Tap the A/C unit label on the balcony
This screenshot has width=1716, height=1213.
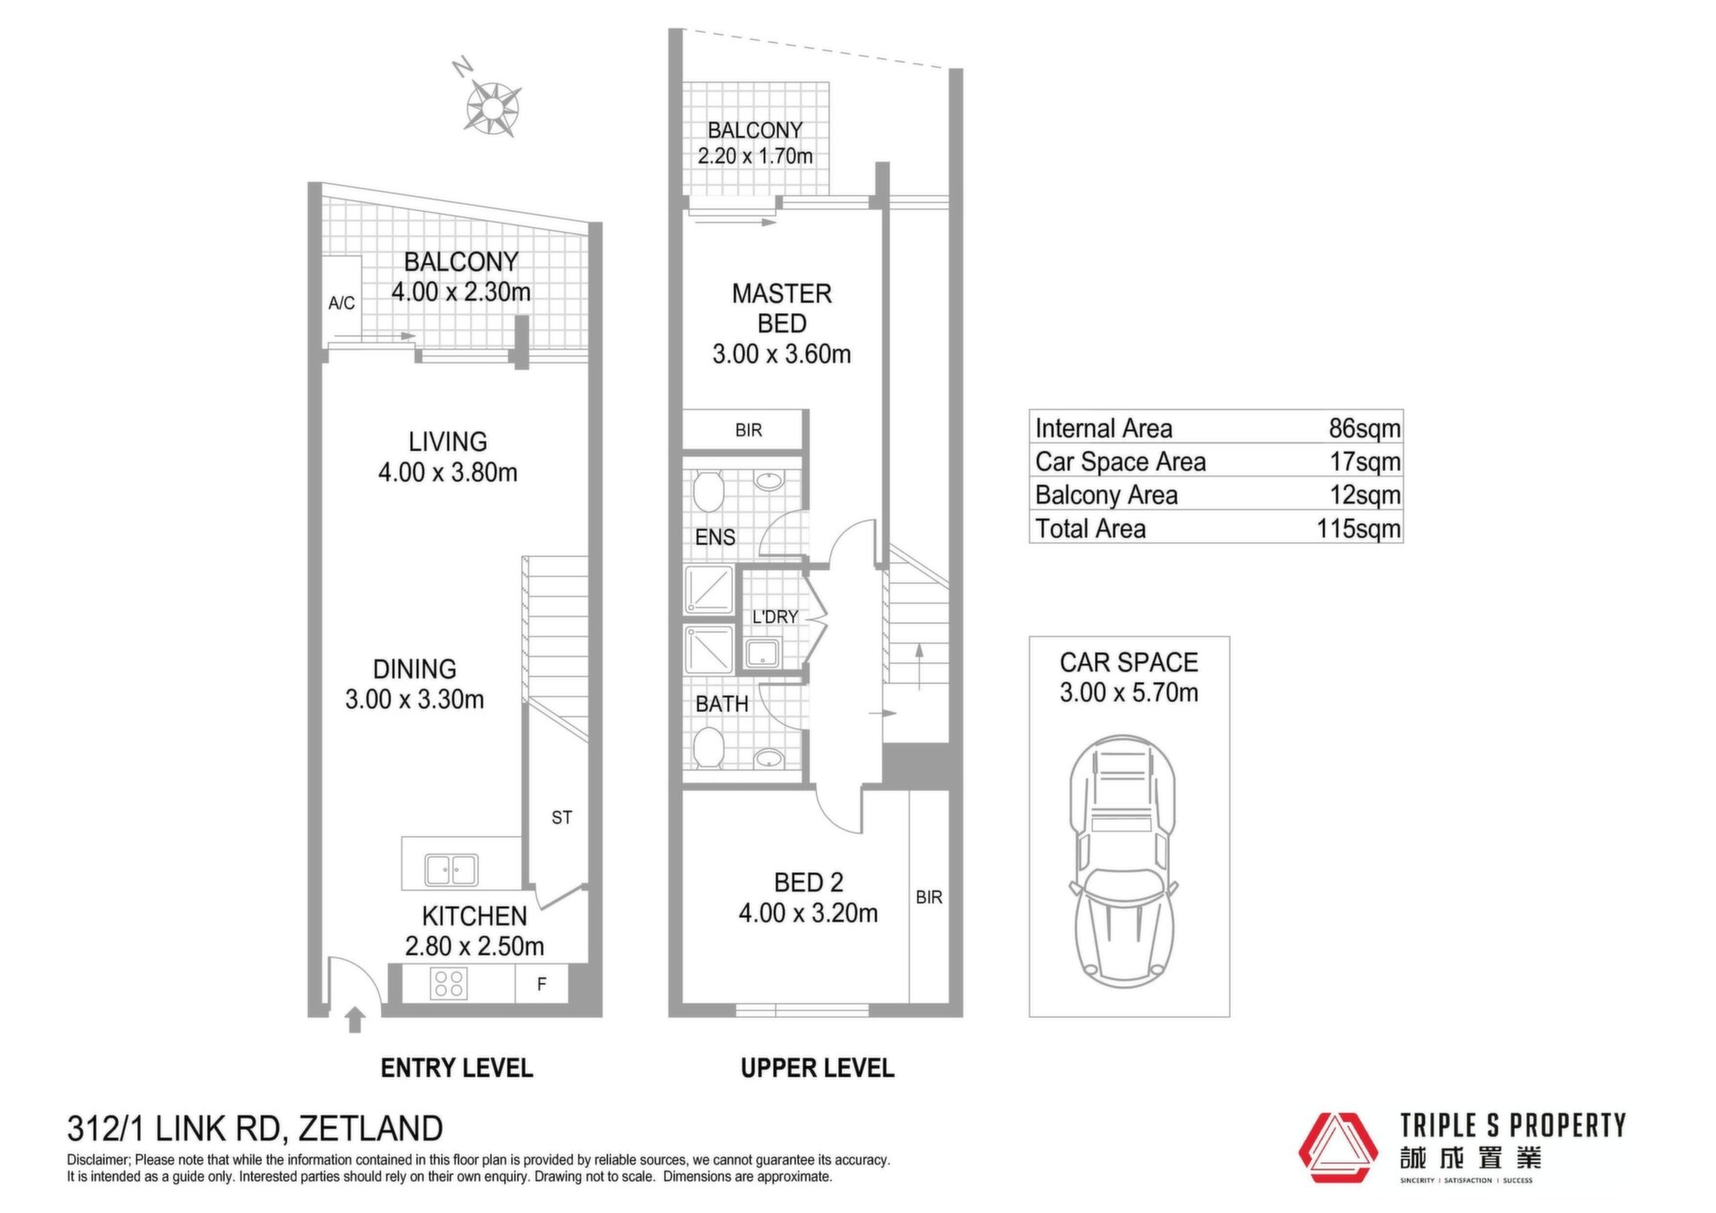pyautogui.click(x=341, y=303)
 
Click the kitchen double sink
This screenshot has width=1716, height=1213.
pyautogui.click(x=451, y=869)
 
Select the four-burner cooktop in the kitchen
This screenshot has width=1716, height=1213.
pyautogui.click(x=448, y=983)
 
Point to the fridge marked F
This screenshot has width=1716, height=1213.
pyautogui.click(x=542, y=984)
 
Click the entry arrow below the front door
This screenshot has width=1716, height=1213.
pyautogui.click(x=355, y=1020)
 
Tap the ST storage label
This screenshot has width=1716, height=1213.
pyautogui.click(x=561, y=817)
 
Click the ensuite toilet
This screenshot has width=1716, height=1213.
pyautogui.click(x=709, y=493)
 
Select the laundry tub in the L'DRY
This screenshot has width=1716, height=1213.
pyautogui.click(x=762, y=653)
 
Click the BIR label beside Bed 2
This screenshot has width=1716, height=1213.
pyautogui.click(x=929, y=897)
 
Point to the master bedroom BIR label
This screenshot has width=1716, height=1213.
pyautogui.click(x=748, y=430)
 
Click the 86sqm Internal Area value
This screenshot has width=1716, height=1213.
pyautogui.click(x=1364, y=428)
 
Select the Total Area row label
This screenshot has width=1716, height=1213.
pyautogui.click(x=1090, y=528)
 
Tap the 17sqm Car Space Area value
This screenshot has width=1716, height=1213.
pyautogui.click(x=1365, y=461)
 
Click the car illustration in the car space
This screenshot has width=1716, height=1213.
pyautogui.click(x=1123, y=862)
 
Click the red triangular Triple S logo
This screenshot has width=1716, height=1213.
pyautogui.click(x=1338, y=1148)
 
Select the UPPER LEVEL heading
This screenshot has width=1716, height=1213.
pyautogui.click(x=817, y=1068)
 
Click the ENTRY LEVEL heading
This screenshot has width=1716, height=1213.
pyautogui.click(x=457, y=1068)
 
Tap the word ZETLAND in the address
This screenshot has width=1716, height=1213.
pyautogui.click(x=370, y=1129)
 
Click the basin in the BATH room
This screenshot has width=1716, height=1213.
pyautogui.click(x=769, y=759)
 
